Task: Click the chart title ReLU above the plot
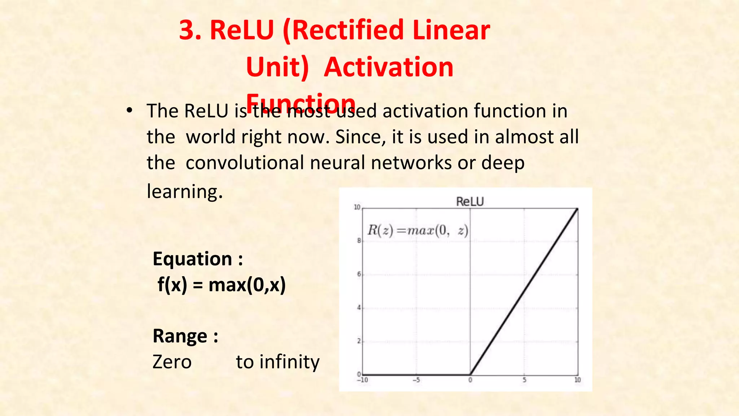pyautogui.click(x=469, y=201)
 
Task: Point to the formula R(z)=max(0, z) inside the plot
pyautogui.click(x=417, y=230)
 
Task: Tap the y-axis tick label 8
pyautogui.click(x=359, y=240)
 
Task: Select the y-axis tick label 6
pyautogui.click(x=359, y=274)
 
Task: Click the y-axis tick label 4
pyautogui.click(x=359, y=308)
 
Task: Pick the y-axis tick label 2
pyautogui.click(x=359, y=341)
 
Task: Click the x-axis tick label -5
pyautogui.click(x=416, y=380)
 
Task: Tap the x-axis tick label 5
pyautogui.click(x=524, y=380)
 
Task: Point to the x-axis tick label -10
pyautogui.click(x=362, y=380)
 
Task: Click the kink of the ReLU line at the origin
pyautogui.click(x=470, y=374)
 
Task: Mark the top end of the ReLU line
pyautogui.click(x=577, y=209)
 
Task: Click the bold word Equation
pyautogui.click(x=192, y=259)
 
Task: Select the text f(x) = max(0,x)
pyautogui.click(x=222, y=285)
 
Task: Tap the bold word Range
pyautogui.click(x=180, y=336)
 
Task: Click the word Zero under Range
pyautogui.click(x=172, y=362)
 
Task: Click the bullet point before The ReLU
pyautogui.click(x=130, y=110)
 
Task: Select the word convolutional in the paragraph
pyautogui.click(x=245, y=163)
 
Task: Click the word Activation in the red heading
pyautogui.click(x=388, y=67)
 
